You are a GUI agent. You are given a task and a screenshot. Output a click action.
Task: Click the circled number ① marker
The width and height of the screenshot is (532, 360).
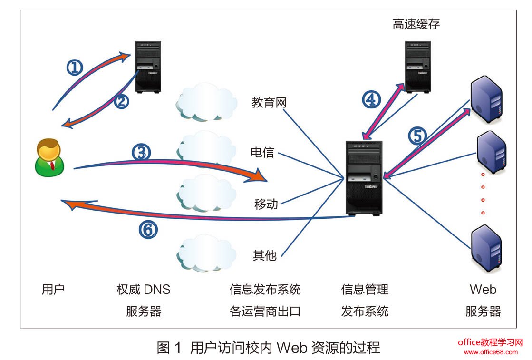[x=75, y=68]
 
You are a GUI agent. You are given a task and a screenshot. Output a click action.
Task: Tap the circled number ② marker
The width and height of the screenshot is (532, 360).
[x=122, y=101]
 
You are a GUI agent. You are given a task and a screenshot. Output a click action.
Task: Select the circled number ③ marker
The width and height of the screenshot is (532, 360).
[x=141, y=153]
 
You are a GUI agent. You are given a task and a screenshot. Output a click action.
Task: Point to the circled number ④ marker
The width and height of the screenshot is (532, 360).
[x=372, y=99]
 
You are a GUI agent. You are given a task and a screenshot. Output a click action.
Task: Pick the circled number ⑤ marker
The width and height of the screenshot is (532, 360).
[x=417, y=136]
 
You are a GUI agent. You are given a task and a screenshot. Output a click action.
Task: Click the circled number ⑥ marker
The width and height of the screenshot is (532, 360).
[x=148, y=230]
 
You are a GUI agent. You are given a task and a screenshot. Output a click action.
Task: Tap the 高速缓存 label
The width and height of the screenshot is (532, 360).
[x=416, y=24]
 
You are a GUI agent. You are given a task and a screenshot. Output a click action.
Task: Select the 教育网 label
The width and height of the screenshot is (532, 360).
[x=269, y=103]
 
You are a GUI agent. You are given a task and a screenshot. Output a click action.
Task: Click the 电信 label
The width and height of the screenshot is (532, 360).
[x=262, y=153]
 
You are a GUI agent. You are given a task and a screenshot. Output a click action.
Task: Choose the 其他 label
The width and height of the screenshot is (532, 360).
[x=264, y=255]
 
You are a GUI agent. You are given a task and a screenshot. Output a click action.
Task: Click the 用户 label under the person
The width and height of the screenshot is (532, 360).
[x=53, y=290]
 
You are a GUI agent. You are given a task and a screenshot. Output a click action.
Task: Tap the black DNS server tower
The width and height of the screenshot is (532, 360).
[x=148, y=66]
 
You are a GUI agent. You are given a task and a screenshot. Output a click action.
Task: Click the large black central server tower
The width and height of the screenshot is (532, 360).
[x=365, y=178]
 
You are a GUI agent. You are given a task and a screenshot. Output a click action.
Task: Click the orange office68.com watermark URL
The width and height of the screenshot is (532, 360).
[x=491, y=352]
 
